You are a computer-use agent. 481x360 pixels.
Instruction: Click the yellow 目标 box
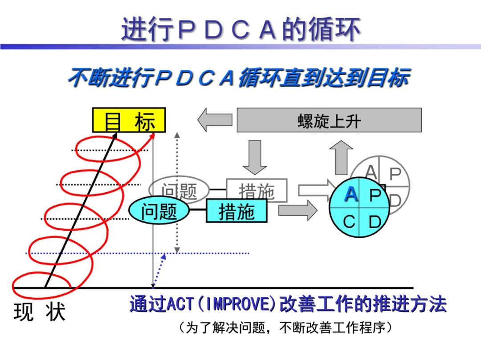pyautogui.click(x=129, y=120)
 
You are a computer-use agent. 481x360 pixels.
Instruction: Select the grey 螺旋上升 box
pyautogui.click(x=329, y=120)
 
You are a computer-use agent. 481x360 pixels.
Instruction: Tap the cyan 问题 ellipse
pyautogui.click(x=159, y=211)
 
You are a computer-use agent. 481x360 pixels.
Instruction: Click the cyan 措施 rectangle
pyautogui.click(x=236, y=211)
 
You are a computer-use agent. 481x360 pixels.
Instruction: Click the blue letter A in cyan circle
pyautogui.click(x=351, y=195)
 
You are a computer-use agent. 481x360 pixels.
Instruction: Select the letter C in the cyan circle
pyautogui.click(x=349, y=221)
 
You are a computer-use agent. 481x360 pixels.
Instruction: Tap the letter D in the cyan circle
pyautogui.click(x=375, y=221)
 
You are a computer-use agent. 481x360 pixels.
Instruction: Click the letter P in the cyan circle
pyautogui.click(x=375, y=195)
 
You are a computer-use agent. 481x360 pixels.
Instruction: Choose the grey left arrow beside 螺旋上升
pyautogui.click(x=215, y=120)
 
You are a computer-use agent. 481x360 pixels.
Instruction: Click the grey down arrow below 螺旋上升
pyautogui.click(x=255, y=157)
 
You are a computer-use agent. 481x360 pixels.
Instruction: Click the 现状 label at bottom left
pyautogui.click(x=39, y=312)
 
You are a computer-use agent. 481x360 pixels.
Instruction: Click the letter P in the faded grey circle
pyautogui.click(x=395, y=174)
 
